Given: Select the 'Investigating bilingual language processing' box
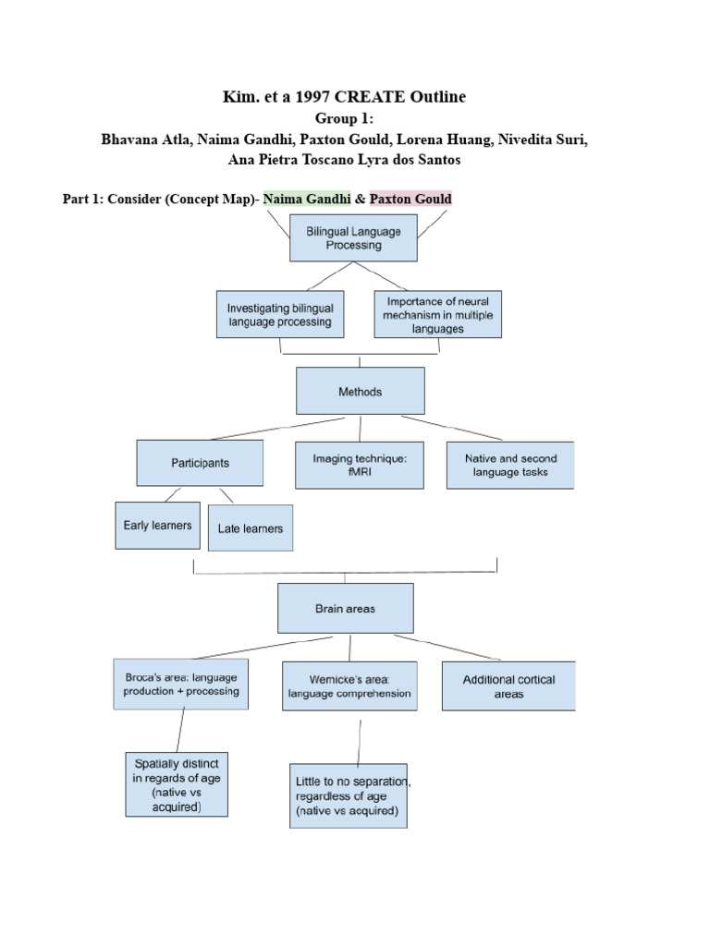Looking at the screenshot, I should (x=280, y=315).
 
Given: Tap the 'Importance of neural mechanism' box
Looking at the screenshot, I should (x=439, y=314).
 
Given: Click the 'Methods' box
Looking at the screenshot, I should (x=360, y=391).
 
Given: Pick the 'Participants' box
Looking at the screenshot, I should (x=200, y=463).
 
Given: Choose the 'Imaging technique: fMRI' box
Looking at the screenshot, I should (x=360, y=465).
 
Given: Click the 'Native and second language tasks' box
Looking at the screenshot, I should (x=509, y=465).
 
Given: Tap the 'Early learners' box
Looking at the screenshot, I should (x=157, y=526).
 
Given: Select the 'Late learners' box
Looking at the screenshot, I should (x=251, y=528).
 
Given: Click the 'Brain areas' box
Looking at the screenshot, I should (x=346, y=610).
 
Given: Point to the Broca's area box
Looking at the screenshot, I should (x=180, y=685).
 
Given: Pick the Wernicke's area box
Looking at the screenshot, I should (x=349, y=686).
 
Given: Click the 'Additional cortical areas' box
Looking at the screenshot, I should (x=508, y=685).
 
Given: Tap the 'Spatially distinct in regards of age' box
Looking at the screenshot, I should (x=177, y=784).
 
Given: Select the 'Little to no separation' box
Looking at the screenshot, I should (x=347, y=795).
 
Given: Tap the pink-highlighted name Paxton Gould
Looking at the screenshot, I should (x=410, y=199).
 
